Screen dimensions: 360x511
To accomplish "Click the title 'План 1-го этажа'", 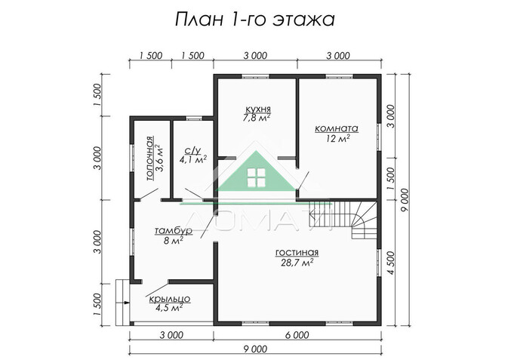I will pyautogui.click(x=254, y=17).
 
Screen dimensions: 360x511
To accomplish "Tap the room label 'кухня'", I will pyautogui.click(x=257, y=109).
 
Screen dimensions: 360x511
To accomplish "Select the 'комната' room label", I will pyautogui.click(x=337, y=128).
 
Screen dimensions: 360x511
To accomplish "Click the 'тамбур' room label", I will pyautogui.click(x=173, y=230).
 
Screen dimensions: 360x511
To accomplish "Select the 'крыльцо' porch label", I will pyautogui.click(x=169, y=299).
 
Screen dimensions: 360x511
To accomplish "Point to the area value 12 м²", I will pyautogui.click(x=337, y=139).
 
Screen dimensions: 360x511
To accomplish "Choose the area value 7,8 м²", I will pyautogui.click(x=257, y=118).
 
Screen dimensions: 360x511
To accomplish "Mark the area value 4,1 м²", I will pyautogui.click(x=192, y=160).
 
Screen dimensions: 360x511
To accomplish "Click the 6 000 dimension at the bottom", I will pyautogui.click(x=297, y=334).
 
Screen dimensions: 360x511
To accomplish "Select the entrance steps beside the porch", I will pyautogui.click(x=122, y=291).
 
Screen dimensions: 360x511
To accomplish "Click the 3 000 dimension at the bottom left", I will pyautogui.click(x=171, y=334).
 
